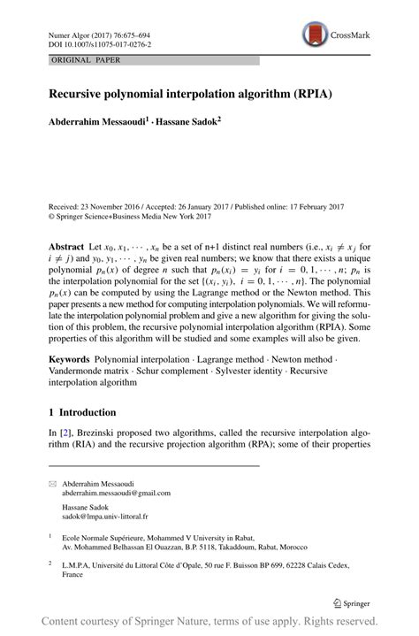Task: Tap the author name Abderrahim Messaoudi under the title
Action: click(x=96, y=118)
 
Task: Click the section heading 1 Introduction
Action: click(x=82, y=412)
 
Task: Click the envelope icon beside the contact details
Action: click(x=53, y=483)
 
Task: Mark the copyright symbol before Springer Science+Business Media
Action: click(x=51, y=215)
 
